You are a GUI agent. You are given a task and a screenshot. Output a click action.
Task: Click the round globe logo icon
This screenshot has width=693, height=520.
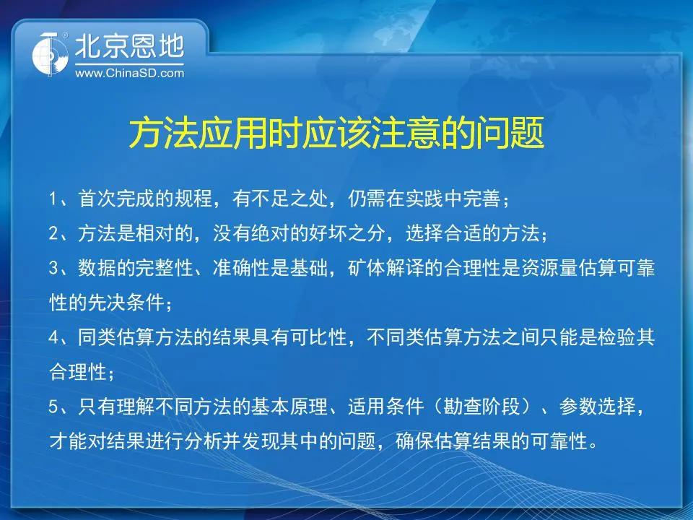click(x=50, y=53)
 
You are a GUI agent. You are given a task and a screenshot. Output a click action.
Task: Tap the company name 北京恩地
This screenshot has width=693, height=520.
click(x=129, y=46)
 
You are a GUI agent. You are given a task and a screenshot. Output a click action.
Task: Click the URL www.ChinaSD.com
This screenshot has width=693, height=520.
click(x=129, y=72)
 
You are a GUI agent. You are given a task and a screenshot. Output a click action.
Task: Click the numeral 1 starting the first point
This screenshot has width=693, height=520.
click(x=53, y=199)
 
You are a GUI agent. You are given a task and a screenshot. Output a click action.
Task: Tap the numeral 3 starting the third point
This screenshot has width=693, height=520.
click(x=53, y=269)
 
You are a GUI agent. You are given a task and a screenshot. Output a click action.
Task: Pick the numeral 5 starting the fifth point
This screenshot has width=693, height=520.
click(x=53, y=407)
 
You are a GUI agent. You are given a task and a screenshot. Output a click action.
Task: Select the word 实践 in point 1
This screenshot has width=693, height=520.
click(x=424, y=199)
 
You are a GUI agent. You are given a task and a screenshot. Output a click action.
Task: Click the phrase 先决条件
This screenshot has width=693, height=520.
click(x=126, y=303)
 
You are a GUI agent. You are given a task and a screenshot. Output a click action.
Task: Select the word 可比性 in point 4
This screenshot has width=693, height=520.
click(x=318, y=337)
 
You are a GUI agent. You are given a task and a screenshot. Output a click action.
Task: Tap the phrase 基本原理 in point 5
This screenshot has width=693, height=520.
click(x=290, y=407)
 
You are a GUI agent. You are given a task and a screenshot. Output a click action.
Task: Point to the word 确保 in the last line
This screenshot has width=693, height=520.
click(x=414, y=441)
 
